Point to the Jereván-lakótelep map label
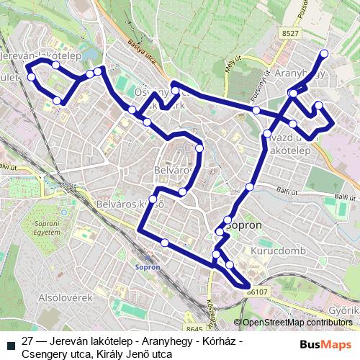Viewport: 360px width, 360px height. tap(41, 55)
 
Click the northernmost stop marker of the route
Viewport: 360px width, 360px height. tap(324, 54)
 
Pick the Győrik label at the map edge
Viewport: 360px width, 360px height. tap(343, 311)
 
